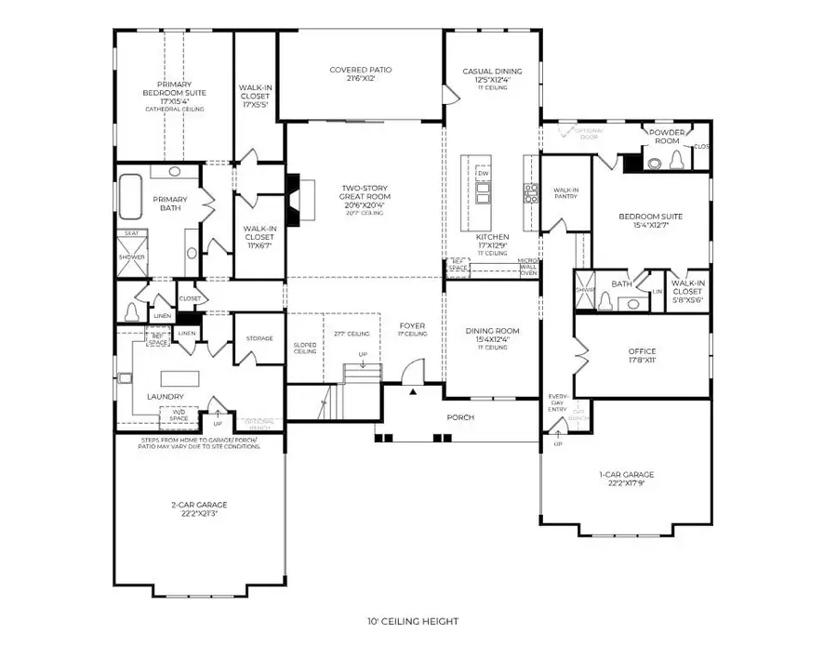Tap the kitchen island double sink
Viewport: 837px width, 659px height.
[x=484, y=192]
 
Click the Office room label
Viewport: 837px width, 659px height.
[x=643, y=355]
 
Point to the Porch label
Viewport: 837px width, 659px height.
[x=461, y=417]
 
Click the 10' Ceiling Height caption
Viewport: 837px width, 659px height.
[x=418, y=621]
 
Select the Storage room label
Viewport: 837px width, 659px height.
[x=259, y=338]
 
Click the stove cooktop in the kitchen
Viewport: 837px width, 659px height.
[x=530, y=192]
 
